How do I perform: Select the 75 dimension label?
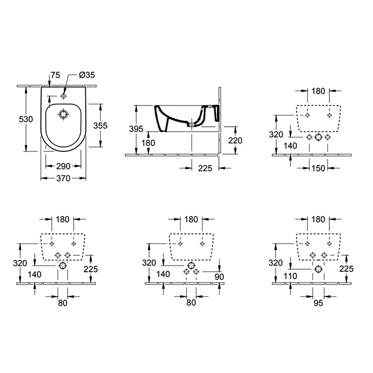point(55,76)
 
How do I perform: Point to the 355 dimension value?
point(101,126)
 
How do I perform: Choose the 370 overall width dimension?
point(63,180)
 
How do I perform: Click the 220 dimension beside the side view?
point(235,141)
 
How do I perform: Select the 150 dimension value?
point(318,168)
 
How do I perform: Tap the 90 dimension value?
point(220,275)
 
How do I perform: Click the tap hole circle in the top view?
point(64,96)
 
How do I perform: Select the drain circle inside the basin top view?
point(64,114)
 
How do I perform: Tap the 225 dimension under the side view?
point(205,168)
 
